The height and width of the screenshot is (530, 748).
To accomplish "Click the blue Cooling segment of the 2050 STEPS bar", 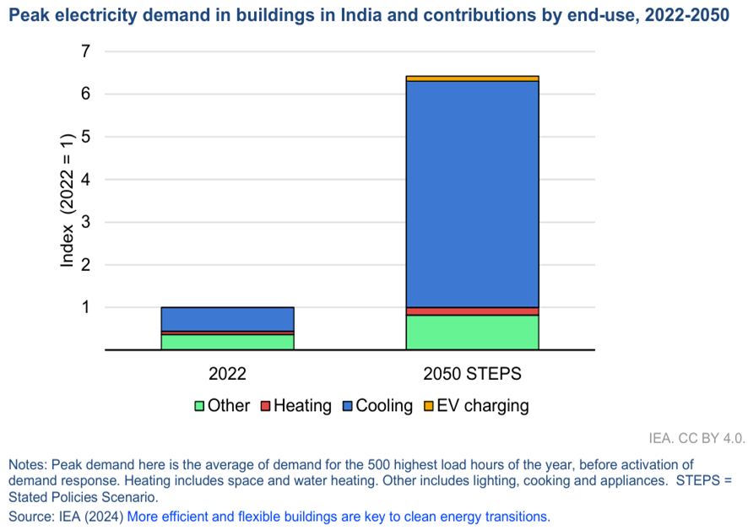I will [x=472, y=194].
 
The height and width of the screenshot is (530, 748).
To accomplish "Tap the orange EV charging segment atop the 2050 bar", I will [x=472, y=78].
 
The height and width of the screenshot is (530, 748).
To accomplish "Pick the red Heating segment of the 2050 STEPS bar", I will [x=472, y=311].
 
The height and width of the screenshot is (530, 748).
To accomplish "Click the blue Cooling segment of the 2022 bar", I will [x=228, y=319].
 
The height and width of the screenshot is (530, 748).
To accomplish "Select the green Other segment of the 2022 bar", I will [x=228, y=342].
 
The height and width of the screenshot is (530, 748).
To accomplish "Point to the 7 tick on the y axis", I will [x=84, y=51].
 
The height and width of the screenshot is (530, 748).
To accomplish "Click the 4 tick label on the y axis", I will [x=84, y=180].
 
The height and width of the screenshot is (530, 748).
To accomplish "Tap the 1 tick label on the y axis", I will [x=84, y=307].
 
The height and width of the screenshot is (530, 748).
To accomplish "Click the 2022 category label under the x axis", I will [x=228, y=372].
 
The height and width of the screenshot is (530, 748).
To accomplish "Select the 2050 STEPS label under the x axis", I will [x=472, y=372].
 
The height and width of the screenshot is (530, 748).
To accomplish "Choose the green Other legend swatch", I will [x=199, y=406].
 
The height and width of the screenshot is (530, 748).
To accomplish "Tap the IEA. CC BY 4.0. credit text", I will [x=697, y=438].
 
